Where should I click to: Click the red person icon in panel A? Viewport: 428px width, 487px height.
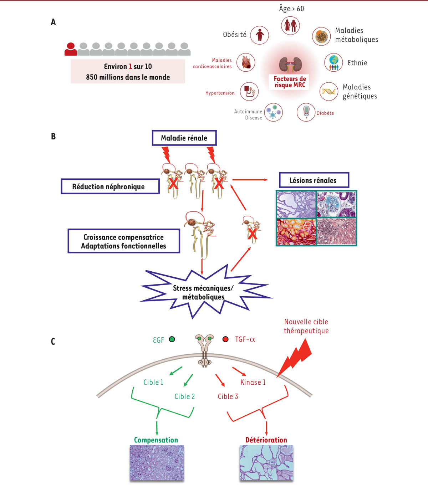tap(71, 49)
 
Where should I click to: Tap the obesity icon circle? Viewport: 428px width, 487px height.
tap(259, 35)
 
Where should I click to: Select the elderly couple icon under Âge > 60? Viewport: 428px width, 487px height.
tap(290, 26)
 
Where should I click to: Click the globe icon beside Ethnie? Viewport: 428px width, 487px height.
tap(333, 62)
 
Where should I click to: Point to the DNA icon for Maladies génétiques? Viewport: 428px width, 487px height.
tap(328, 91)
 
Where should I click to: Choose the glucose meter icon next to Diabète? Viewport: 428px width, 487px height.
tap(306, 112)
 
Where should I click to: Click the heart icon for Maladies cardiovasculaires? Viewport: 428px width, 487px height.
tap(246, 63)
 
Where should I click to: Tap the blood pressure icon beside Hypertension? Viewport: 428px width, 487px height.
tap(249, 91)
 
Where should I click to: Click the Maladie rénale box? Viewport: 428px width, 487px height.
tap(184, 138)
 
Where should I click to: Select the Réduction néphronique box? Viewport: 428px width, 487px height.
tap(110, 186)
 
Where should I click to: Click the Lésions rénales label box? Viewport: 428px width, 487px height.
tap(314, 180)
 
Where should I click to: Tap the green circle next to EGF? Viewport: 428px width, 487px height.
tap(172, 339)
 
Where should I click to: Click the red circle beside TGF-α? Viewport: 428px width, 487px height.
tap(225, 339)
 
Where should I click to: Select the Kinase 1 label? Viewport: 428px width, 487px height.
tap(253, 382)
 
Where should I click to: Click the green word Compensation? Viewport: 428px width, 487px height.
tap(156, 440)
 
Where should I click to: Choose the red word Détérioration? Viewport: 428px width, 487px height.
tap(266, 440)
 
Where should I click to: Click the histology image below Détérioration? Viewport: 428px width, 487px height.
tap(266, 463)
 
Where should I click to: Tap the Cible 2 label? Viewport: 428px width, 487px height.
tap(184, 396)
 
